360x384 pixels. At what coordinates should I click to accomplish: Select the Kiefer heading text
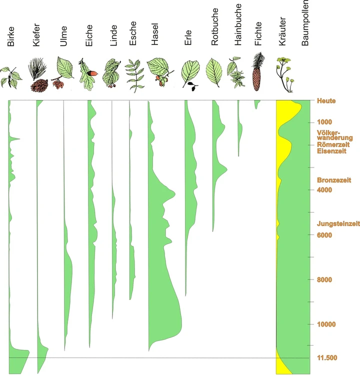[x=36, y=35]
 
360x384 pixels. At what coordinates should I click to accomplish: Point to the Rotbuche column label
[x=215, y=33]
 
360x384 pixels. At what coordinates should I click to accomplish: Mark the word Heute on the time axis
[x=326, y=101]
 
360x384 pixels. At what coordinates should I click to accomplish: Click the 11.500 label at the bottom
[x=327, y=358]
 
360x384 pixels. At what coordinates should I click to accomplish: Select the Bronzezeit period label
[x=334, y=180]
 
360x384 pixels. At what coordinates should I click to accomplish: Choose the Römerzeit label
[x=333, y=144]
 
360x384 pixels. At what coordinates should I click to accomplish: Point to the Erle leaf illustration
[x=190, y=74]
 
